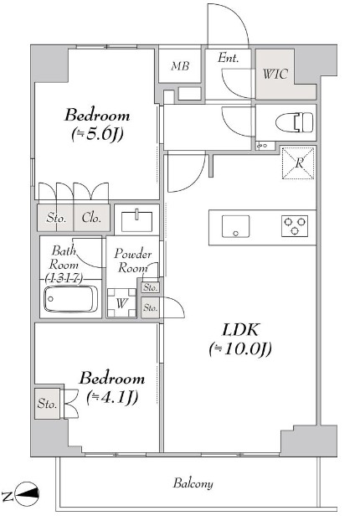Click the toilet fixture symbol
[x=294, y=121]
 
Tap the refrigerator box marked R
[x=298, y=162]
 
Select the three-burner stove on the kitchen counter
[x=295, y=226]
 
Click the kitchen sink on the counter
[x=236, y=226]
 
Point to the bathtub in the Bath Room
[x=70, y=299]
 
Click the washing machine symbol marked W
[x=121, y=302]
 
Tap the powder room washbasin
[x=136, y=220]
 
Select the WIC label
[x=275, y=74]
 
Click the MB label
[x=180, y=66]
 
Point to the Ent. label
[x=229, y=58]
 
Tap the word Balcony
[x=193, y=483]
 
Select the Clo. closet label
[x=91, y=218]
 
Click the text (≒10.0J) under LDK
[x=241, y=348]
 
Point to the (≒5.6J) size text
[x=97, y=134]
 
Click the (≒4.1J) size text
[x=112, y=397]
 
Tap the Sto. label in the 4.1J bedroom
[x=47, y=404]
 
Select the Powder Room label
[x=133, y=260]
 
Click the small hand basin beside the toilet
[x=265, y=146]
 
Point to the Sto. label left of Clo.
[x=56, y=218]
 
